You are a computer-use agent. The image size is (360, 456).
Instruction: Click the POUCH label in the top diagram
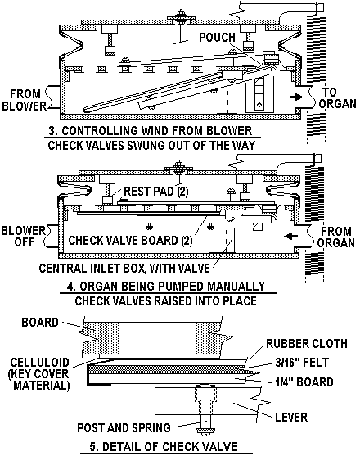217,38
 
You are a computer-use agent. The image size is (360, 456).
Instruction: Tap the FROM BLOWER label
25,100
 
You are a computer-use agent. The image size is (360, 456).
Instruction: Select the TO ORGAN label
337,98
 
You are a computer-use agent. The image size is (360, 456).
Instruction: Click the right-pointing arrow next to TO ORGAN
296,97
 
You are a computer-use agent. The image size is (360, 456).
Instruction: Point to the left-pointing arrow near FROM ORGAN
290,236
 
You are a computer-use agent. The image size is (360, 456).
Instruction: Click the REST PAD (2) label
156,192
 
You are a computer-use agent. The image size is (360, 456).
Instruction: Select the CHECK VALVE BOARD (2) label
130,241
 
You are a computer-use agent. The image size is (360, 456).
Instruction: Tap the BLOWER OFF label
23,236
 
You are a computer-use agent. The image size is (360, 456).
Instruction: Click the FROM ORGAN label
336,237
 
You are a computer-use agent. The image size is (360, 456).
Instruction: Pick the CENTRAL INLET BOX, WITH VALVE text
124,269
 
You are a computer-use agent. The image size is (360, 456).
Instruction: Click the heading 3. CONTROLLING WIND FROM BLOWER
151,130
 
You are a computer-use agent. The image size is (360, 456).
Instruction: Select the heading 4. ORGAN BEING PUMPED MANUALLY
166,287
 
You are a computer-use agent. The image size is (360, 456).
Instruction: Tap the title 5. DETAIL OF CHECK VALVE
164,446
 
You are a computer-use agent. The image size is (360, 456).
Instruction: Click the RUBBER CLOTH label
307,344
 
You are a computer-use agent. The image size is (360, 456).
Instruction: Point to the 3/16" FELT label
302,363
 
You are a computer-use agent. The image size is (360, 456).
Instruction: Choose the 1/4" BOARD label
304,382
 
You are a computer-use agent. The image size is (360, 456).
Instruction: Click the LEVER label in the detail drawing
291,418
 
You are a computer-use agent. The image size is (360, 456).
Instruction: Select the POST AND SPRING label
124,428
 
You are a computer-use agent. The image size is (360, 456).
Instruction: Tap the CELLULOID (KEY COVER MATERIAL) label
39,374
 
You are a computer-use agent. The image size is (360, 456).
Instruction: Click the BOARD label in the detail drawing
40,323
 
